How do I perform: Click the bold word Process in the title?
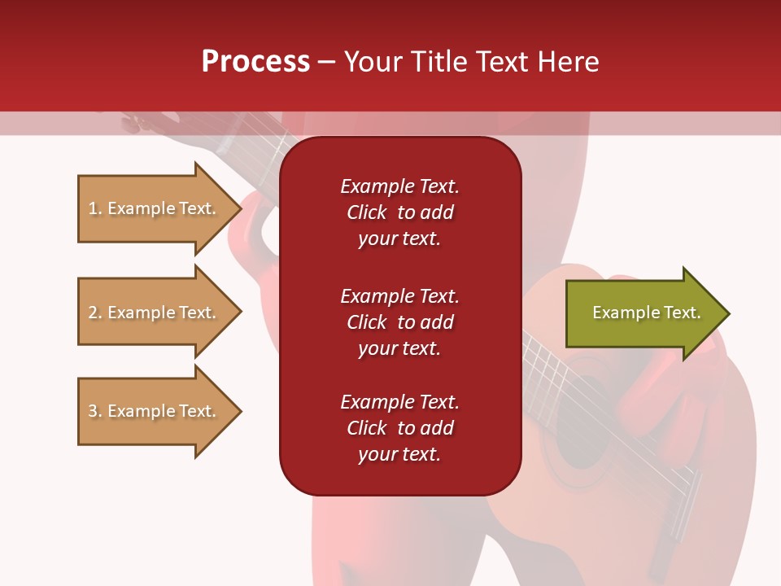coord(255,62)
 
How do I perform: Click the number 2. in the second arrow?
coord(95,313)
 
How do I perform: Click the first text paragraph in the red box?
coord(399,212)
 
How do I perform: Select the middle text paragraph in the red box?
coord(399,322)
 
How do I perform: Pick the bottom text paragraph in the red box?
coord(399,428)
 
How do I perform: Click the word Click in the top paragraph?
coord(367,212)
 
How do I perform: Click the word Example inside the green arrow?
coord(620,313)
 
